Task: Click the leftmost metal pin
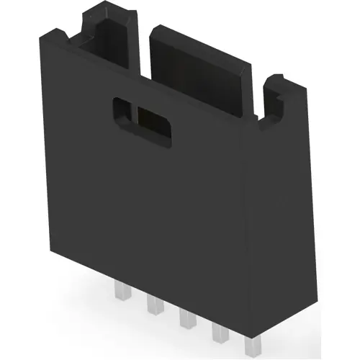pyautogui.click(x=119, y=293)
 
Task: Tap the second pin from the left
pyautogui.click(x=153, y=305)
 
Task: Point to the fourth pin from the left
pyautogui.click(x=217, y=329)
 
